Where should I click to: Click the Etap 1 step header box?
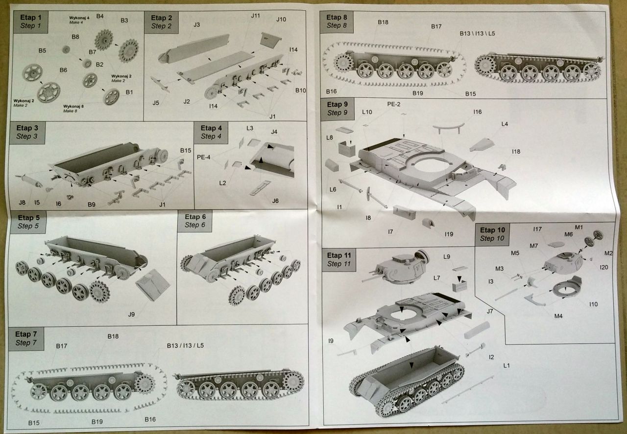click(x=29, y=21)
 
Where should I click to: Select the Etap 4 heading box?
click(x=211, y=132)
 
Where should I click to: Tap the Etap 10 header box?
click(x=492, y=234)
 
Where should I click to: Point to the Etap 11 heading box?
click(x=339, y=259)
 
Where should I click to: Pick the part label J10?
click(x=281, y=20)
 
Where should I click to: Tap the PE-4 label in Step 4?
click(x=204, y=158)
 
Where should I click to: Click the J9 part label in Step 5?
click(x=131, y=314)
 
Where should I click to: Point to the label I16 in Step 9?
click(x=478, y=112)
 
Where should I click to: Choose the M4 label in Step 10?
click(x=558, y=316)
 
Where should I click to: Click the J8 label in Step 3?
click(x=22, y=202)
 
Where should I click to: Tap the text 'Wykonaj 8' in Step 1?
click(x=72, y=106)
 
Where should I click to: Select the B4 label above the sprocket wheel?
click(x=100, y=16)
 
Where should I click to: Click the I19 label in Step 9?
click(x=449, y=234)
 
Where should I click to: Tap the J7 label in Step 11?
click(x=489, y=311)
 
